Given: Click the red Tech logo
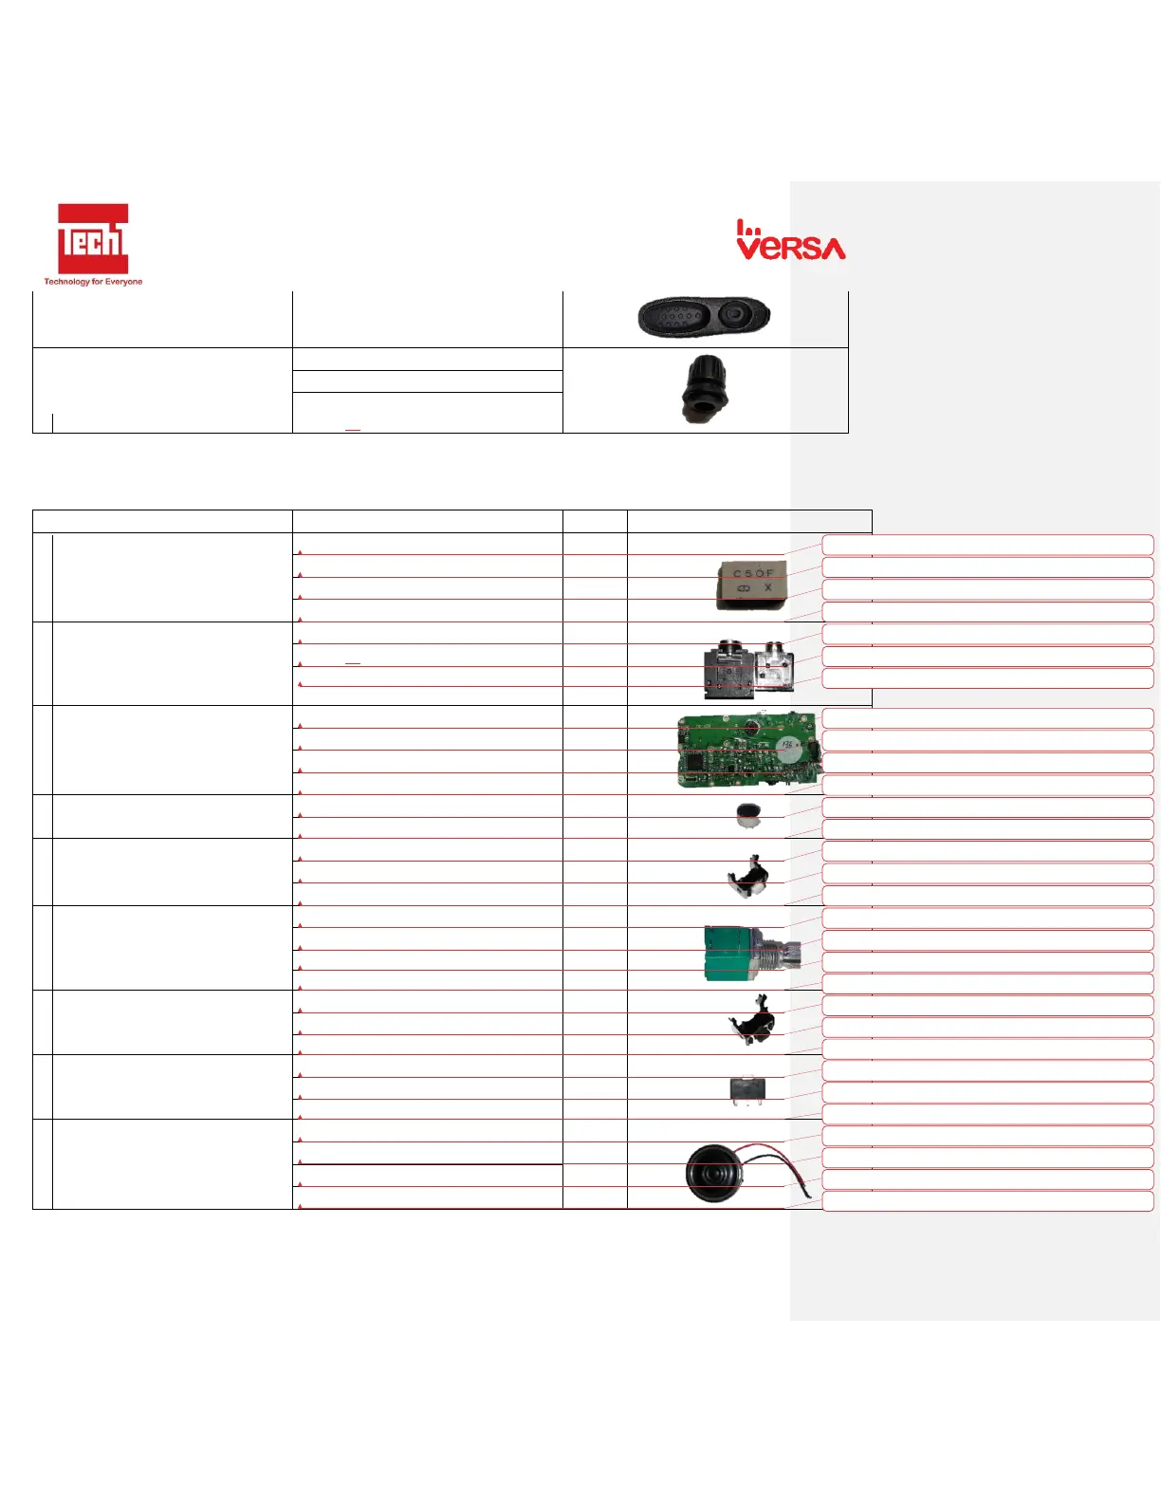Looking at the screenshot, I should (93, 239).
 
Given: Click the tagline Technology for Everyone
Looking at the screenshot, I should (93, 282).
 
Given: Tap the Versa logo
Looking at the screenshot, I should (791, 242).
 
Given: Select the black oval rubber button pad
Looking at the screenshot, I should (703, 316).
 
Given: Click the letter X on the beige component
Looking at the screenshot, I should (767, 588).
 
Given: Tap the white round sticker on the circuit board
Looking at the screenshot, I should (789, 748).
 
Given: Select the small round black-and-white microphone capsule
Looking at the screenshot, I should (749, 814).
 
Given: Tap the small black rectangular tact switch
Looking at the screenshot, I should (747, 1088).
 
